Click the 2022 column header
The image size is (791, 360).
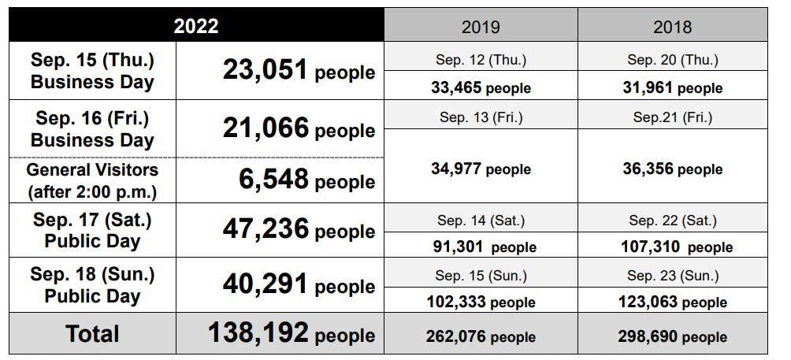196,26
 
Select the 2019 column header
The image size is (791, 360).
481,27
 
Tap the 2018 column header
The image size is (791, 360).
673,27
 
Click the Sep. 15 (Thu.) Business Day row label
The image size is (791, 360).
93,71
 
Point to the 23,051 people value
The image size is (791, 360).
299,71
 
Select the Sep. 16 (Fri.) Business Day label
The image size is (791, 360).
93,129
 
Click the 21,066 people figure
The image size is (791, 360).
299,128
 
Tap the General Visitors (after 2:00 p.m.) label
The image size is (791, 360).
93,180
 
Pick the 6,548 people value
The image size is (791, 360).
306,180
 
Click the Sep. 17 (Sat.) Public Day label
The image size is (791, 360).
93,230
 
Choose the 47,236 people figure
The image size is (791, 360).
299,230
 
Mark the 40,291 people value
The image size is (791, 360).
299,285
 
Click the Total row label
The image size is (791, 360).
93,333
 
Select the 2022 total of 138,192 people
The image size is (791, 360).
291,333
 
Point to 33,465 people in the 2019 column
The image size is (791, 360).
481,87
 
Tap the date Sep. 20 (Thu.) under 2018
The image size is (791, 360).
673,59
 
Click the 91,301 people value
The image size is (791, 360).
485,247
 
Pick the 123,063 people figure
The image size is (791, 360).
673,302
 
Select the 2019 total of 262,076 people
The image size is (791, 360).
481,336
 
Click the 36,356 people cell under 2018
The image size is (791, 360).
673,169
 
